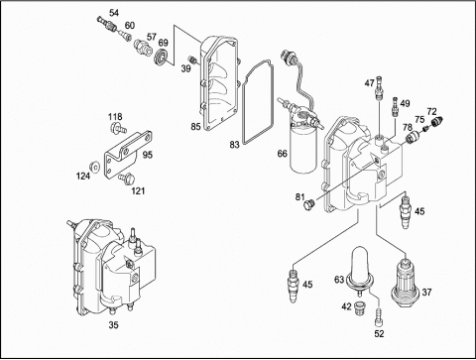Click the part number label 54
click(x=114, y=13)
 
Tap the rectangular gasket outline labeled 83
click(x=258, y=102)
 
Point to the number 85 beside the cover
click(x=195, y=127)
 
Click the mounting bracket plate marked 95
click(x=128, y=155)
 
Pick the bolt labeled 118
click(x=118, y=128)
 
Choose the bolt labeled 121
click(x=127, y=178)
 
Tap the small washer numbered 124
click(x=95, y=167)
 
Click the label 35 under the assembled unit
click(x=113, y=325)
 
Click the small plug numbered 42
click(x=358, y=307)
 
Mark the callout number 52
click(x=379, y=334)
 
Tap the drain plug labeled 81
click(x=308, y=204)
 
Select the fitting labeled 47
click(x=380, y=87)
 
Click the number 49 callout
click(x=405, y=103)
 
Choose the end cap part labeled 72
click(x=437, y=122)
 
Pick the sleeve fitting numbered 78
click(x=412, y=136)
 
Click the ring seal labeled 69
click(x=163, y=56)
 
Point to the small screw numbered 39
click(x=192, y=59)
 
